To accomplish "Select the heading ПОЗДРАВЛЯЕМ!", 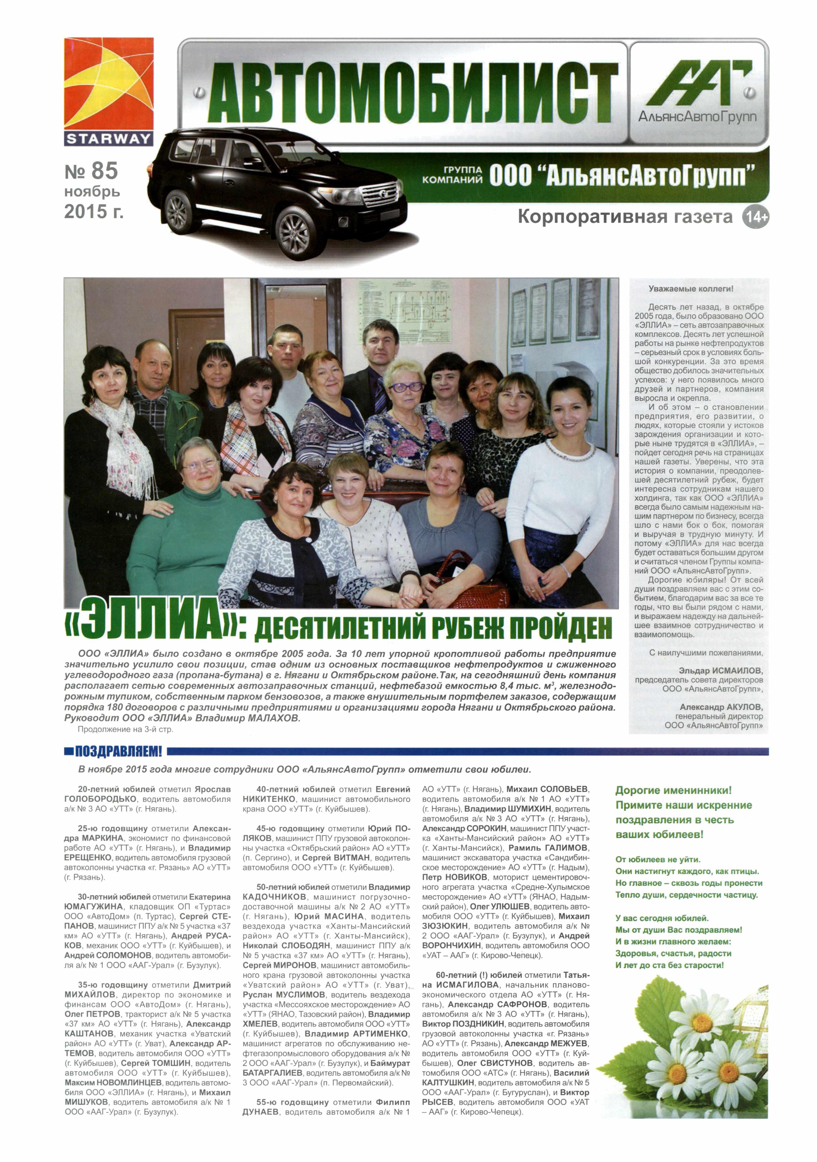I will pos(118,751).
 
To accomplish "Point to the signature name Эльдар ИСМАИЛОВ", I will pos(721,670).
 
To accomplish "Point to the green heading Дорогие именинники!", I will pos(673,790).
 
